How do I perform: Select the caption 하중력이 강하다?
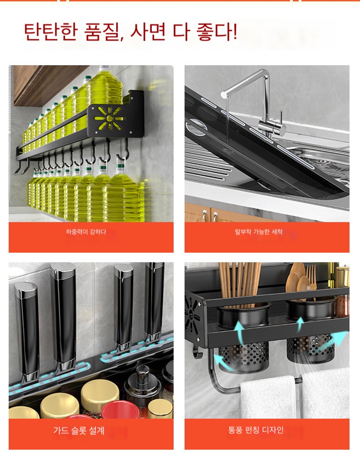86,232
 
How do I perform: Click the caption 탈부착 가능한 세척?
259,232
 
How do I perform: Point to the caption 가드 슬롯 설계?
79,431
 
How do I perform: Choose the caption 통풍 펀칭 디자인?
256,430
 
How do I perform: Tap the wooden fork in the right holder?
311,280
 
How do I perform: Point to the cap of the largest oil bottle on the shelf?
103,68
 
